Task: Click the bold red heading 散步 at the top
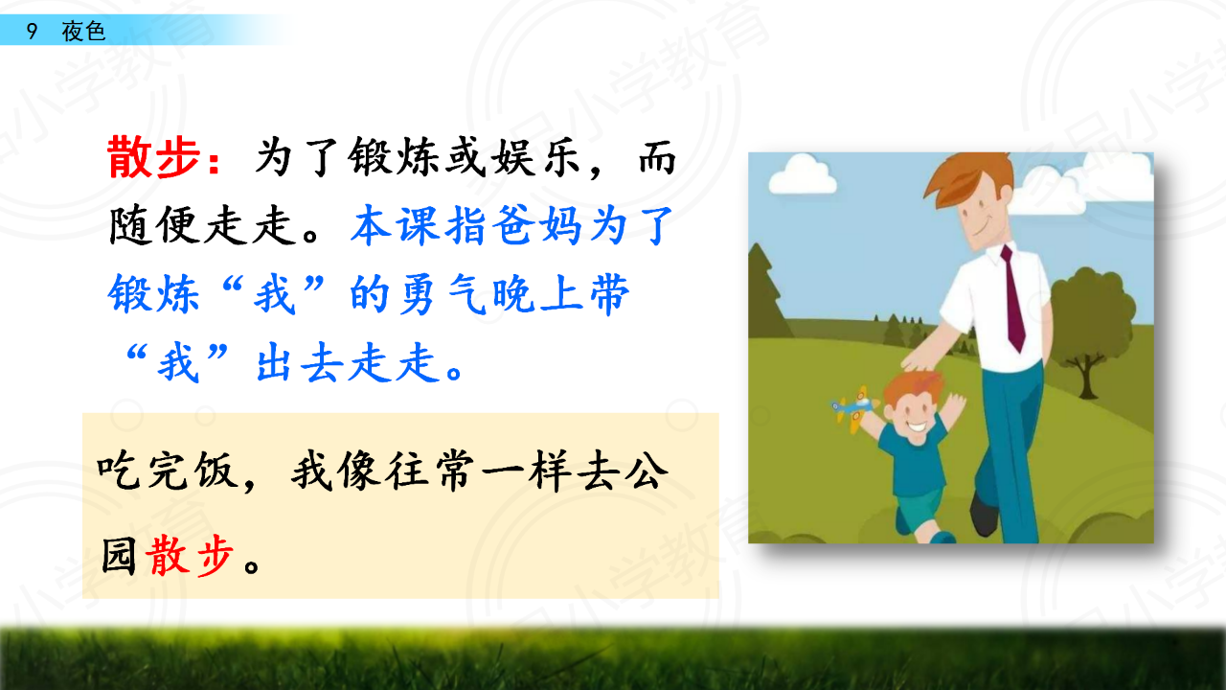click(154, 158)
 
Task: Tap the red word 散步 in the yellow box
click(190, 557)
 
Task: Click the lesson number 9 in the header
click(32, 32)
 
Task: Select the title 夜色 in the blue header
click(83, 32)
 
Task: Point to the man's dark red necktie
click(1013, 298)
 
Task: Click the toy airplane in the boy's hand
click(852, 408)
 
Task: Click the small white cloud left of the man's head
click(803, 174)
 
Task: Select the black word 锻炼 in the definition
click(394, 158)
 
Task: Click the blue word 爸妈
click(536, 225)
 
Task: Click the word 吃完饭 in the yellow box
click(168, 470)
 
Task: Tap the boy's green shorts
click(919, 511)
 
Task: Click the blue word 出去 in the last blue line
click(301, 362)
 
